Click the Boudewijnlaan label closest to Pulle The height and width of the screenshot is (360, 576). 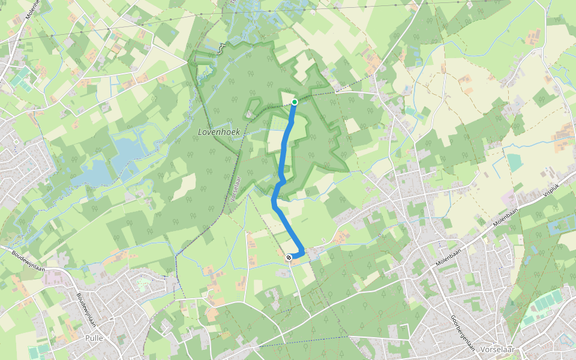coord(88,310)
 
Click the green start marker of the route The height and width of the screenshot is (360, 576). coord(295,102)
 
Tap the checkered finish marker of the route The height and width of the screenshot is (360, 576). coord(289,257)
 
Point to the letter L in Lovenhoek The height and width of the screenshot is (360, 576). coord(200,132)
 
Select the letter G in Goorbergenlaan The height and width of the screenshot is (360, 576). coord(451,319)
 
